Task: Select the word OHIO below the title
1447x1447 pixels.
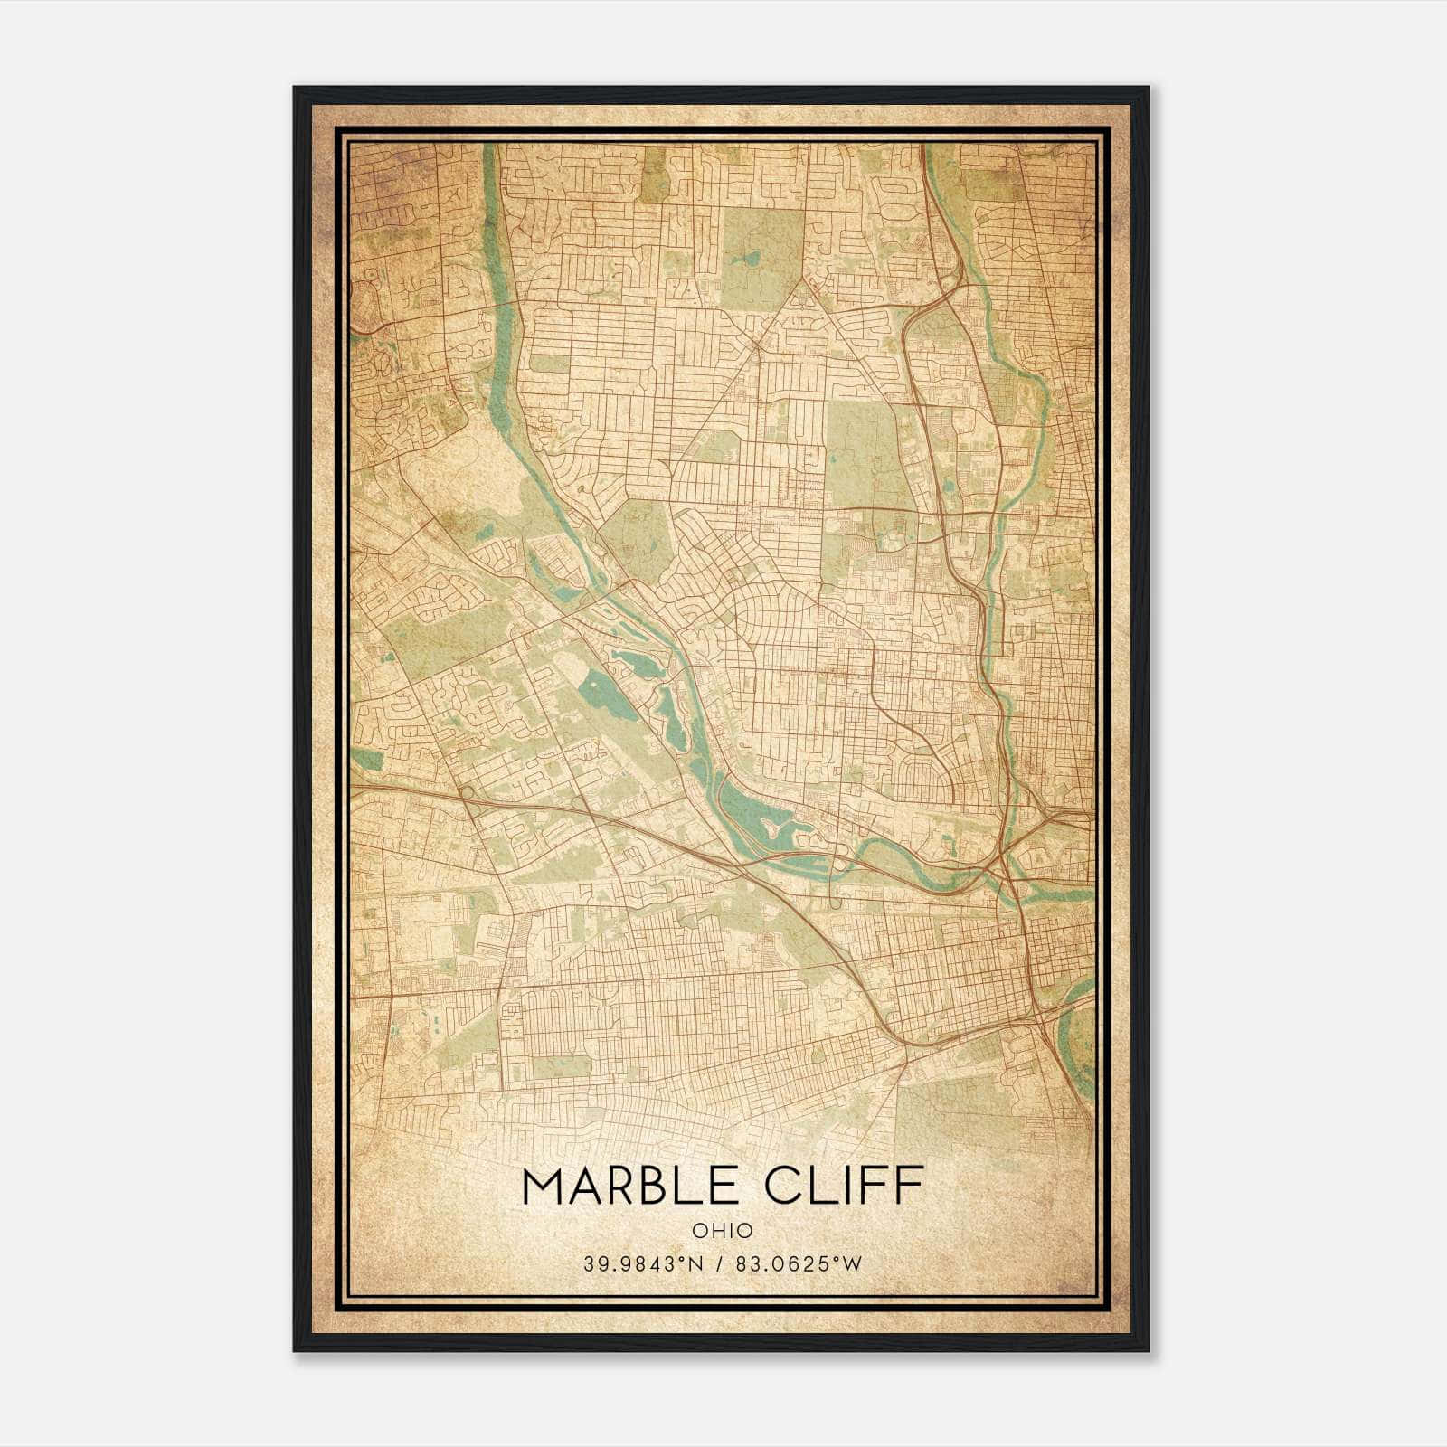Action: tap(723, 1231)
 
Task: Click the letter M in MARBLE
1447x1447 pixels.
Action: tap(544, 1186)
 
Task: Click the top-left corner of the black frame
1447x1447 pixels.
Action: tap(295, 89)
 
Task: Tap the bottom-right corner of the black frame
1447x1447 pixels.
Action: tap(1148, 1349)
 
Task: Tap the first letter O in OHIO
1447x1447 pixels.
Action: tap(699, 1231)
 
